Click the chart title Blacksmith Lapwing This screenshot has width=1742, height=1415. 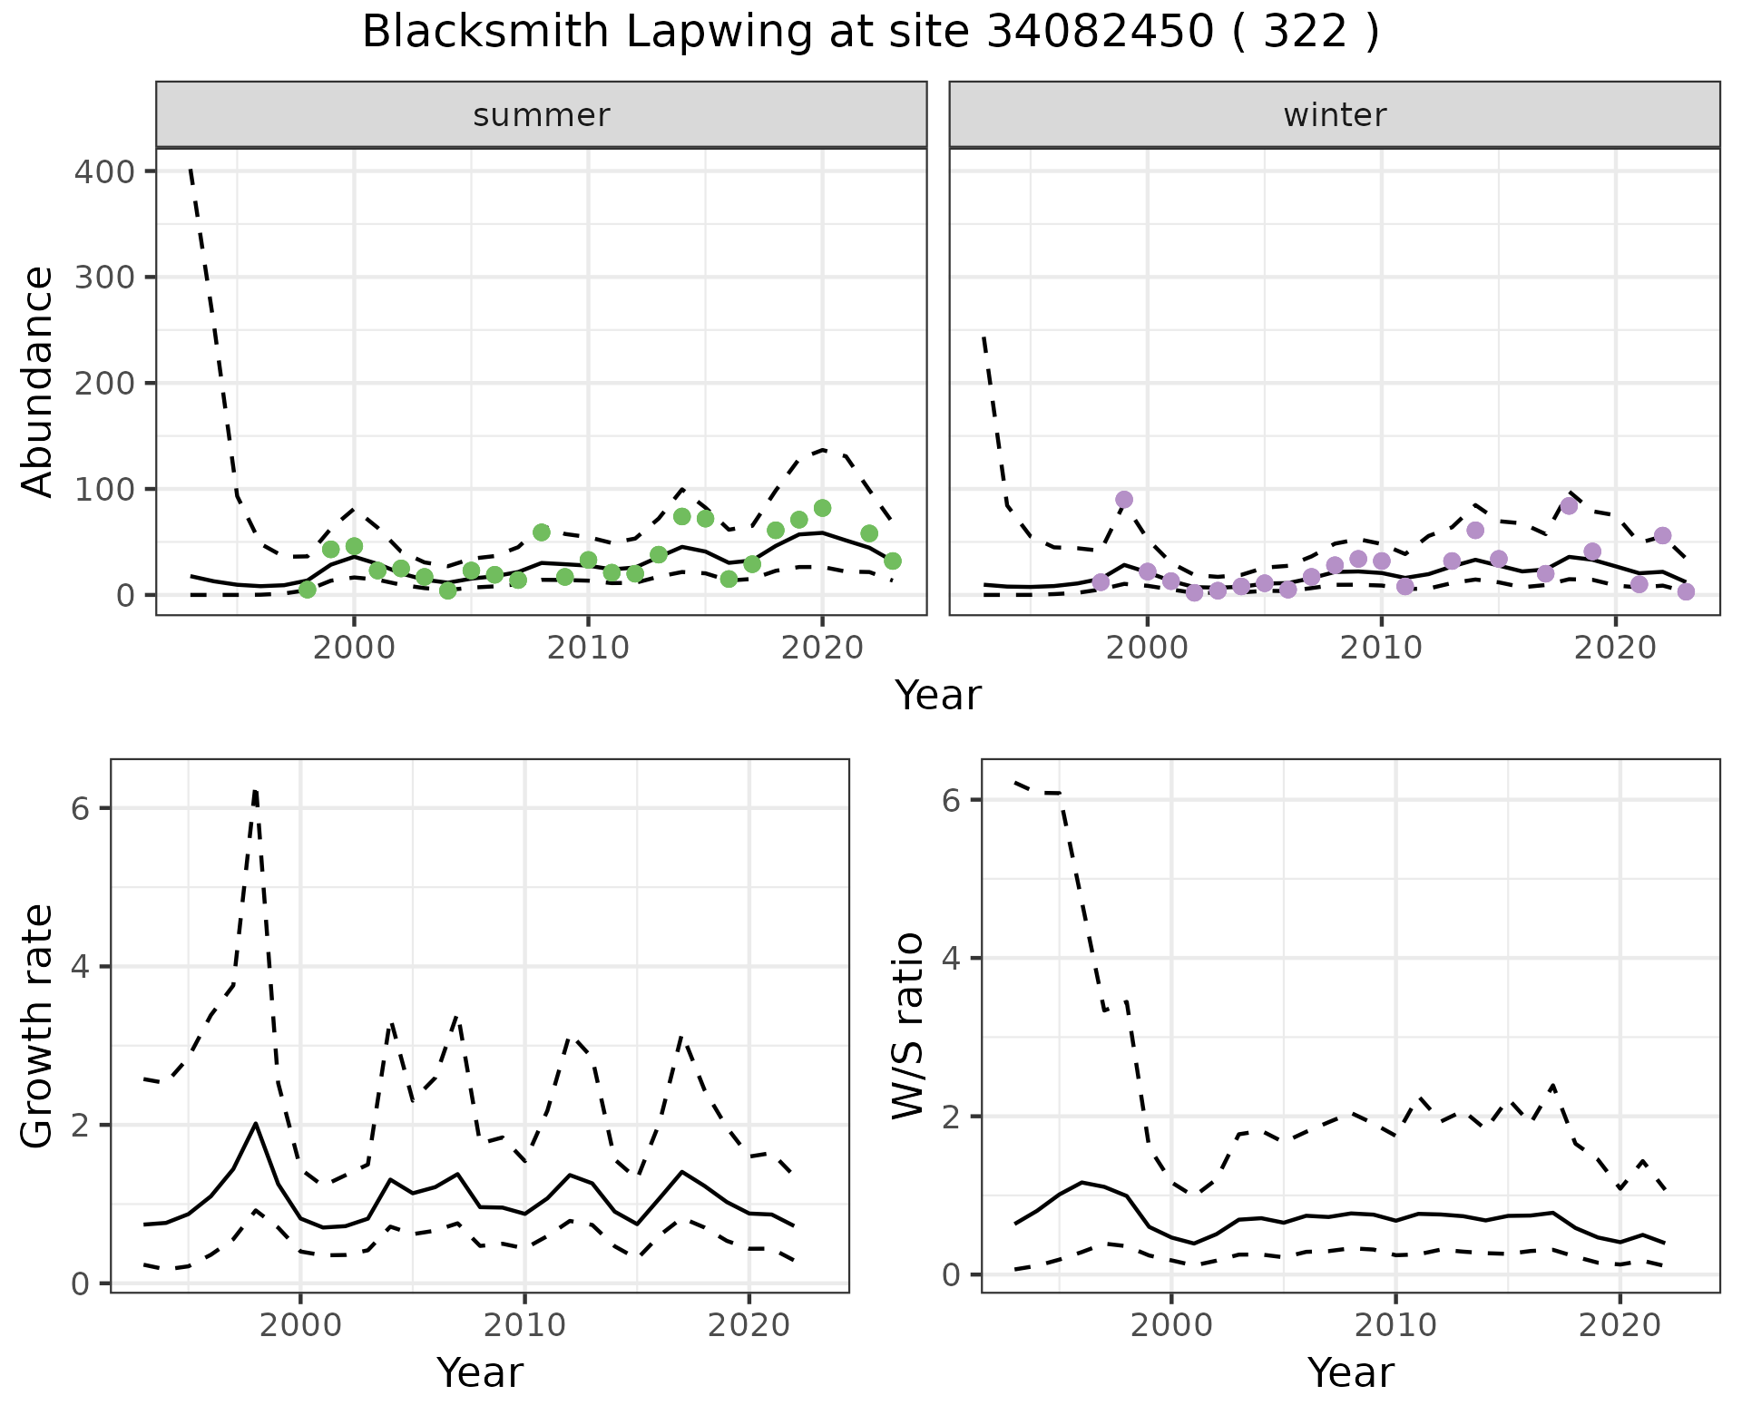point(870,33)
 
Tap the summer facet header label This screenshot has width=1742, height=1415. point(542,115)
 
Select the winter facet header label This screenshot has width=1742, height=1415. point(1335,115)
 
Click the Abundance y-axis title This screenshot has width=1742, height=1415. point(38,381)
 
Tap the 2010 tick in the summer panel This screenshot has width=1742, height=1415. point(588,648)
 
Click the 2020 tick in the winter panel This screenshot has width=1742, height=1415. point(1615,648)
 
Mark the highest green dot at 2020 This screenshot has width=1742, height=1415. point(822,508)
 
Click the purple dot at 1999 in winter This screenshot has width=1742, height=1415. point(1124,500)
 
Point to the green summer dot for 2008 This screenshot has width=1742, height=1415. point(542,532)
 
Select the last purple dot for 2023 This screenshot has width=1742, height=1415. point(1686,591)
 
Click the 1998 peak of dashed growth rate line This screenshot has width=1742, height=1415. point(256,791)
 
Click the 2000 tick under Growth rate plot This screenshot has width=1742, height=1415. point(300,1325)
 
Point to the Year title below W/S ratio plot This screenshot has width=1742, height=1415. point(1350,1373)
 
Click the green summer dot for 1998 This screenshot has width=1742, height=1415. point(308,590)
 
